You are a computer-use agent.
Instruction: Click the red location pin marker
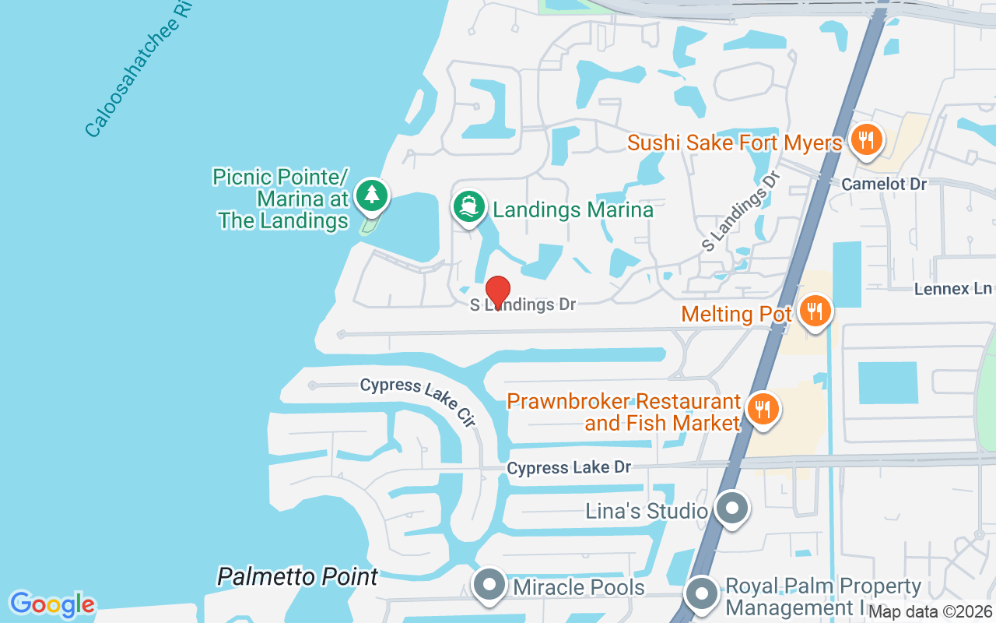(x=497, y=291)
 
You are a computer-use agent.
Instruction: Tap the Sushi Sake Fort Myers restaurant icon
(x=864, y=141)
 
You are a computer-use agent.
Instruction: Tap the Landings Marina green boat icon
(x=468, y=207)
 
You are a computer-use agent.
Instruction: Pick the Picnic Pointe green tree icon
(x=372, y=195)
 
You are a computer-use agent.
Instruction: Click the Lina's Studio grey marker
(x=731, y=509)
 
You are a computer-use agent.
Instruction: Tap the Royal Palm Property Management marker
(x=703, y=594)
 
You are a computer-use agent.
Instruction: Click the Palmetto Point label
(x=297, y=577)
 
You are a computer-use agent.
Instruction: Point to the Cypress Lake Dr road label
(x=569, y=467)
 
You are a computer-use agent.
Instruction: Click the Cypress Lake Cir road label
(x=418, y=401)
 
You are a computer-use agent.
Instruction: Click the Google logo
(x=52, y=604)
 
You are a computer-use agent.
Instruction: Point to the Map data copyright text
(x=930, y=612)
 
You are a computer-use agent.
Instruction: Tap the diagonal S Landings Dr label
(x=740, y=211)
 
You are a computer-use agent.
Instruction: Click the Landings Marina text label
(x=573, y=209)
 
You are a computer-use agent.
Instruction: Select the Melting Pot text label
(x=736, y=314)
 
